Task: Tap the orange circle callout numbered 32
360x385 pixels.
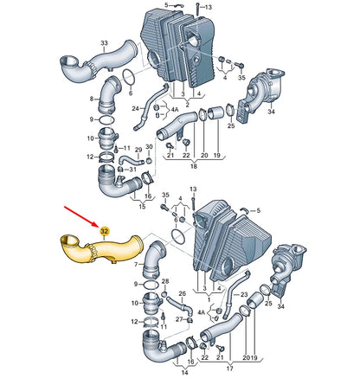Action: click(104, 231)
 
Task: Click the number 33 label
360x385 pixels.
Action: click(104, 42)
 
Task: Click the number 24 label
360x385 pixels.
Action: click(136, 109)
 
